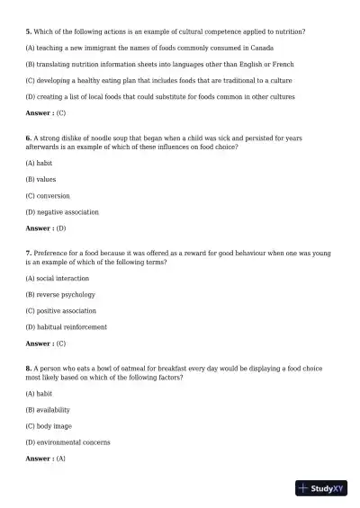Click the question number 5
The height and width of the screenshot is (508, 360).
[29, 31]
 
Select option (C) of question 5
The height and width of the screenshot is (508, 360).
[144, 81]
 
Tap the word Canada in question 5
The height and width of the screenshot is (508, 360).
[261, 48]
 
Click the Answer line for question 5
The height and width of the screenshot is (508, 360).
[46, 113]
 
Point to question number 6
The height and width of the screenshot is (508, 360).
[29, 138]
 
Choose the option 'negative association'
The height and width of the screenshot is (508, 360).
[61, 212]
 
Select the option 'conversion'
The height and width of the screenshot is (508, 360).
[48, 196]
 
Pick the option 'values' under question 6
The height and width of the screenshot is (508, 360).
[40, 180]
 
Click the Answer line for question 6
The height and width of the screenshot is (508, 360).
[46, 228]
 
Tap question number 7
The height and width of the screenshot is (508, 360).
[29, 254]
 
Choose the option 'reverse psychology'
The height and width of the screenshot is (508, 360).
[59, 295]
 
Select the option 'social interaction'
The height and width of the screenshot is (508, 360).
[57, 279]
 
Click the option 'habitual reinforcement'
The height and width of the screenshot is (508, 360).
[66, 327]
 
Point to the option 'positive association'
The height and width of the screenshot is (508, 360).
[60, 311]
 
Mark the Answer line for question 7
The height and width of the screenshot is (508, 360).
[46, 343]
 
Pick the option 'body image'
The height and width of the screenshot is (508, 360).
[49, 426]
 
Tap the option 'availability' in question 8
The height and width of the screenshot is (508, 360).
[48, 410]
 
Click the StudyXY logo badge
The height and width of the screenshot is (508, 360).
[321, 489]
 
